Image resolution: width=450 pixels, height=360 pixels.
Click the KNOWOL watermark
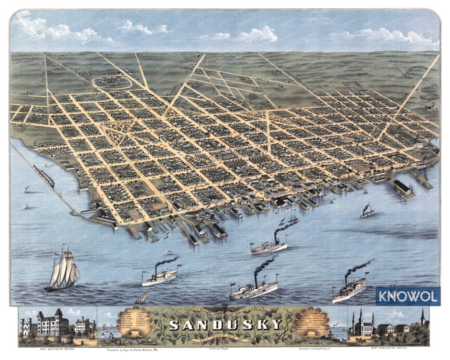(407, 296)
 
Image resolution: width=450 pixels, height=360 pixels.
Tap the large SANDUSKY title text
(225, 325)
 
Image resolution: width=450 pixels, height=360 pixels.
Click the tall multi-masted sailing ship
(63, 271)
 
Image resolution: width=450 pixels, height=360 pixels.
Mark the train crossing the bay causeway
(43, 175)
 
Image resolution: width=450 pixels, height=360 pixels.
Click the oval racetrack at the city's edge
(112, 82)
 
